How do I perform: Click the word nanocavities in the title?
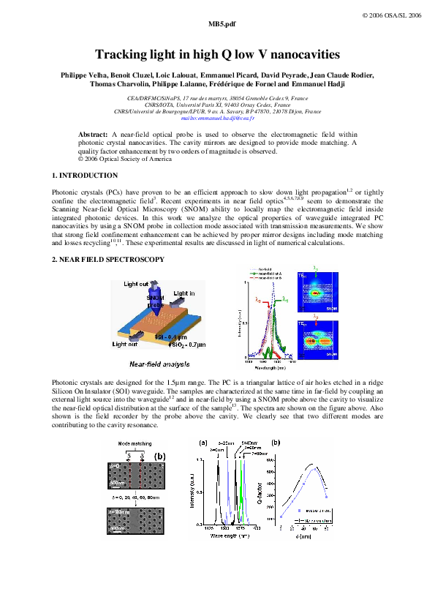(298, 54)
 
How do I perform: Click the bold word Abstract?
(93, 135)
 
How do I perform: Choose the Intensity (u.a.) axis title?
(192, 491)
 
